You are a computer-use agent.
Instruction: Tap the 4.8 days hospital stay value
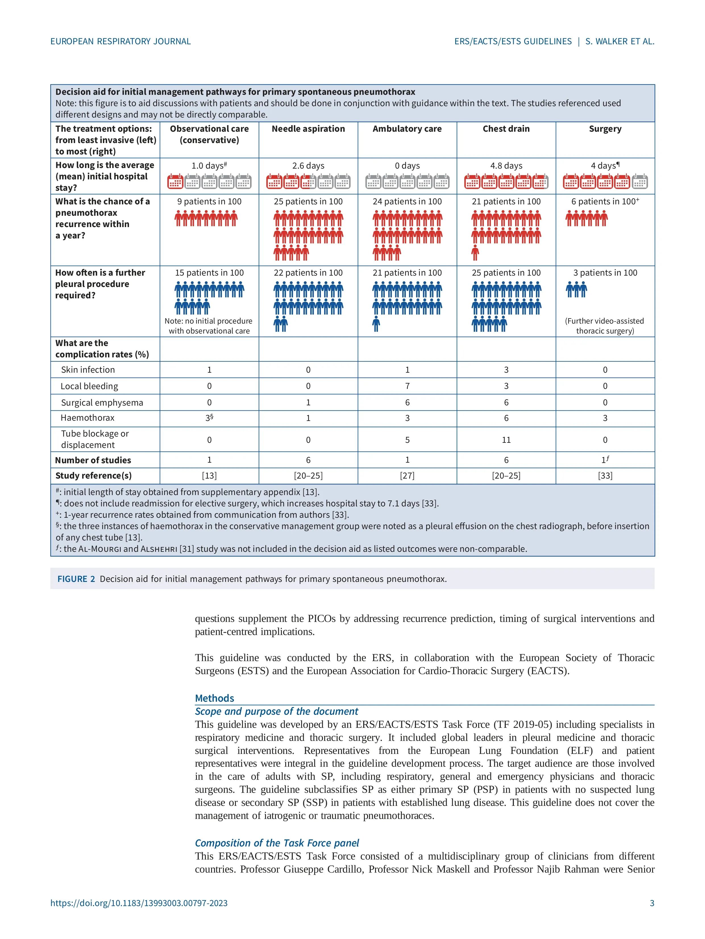point(506,165)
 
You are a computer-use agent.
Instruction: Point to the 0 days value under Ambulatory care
point(407,165)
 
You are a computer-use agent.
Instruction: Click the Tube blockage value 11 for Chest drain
point(506,440)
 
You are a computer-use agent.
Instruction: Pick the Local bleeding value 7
point(407,386)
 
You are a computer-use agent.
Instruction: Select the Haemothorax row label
point(88,418)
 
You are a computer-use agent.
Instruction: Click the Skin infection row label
point(88,370)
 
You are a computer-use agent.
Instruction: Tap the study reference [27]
point(407,475)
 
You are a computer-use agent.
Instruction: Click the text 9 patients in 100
point(209,202)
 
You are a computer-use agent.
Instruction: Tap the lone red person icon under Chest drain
point(475,253)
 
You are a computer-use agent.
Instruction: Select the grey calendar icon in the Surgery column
point(640,181)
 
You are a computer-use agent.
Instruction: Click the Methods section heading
point(214,698)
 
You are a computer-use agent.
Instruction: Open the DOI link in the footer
point(139,903)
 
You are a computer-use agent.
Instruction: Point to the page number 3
point(652,903)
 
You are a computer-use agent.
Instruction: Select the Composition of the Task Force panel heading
point(277,843)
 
